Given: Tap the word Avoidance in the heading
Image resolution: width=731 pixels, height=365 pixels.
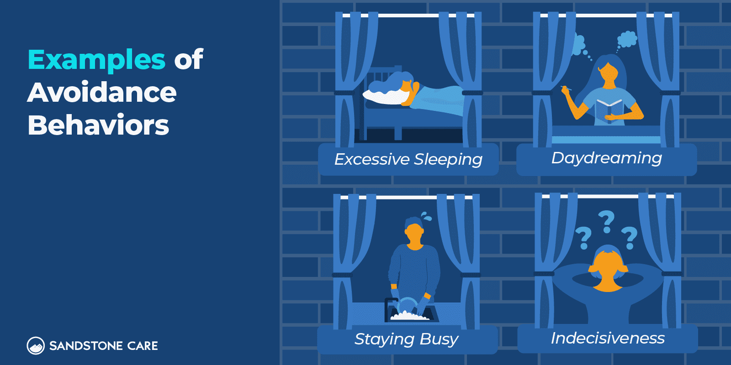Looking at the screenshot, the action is click(x=102, y=93).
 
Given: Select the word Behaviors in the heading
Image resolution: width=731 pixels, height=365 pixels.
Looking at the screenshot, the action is click(x=98, y=125).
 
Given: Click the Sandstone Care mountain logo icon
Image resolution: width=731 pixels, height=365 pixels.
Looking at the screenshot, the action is click(x=36, y=345).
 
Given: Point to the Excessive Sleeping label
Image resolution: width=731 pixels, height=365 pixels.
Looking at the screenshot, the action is click(x=408, y=160).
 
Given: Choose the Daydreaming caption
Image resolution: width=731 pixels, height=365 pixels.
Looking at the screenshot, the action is click(x=607, y=158).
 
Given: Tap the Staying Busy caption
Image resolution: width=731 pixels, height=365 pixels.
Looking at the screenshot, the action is click(x=406, y=339).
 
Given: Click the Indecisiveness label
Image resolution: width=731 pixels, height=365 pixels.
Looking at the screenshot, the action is click(x=608, y=338).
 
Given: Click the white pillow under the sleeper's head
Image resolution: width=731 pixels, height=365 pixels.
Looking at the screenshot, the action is click(x=386, y=97).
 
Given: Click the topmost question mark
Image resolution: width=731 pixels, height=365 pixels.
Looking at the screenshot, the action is click(x=607, y=222).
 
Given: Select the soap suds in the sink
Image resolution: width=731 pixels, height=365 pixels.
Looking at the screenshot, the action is click(x=410, y=315).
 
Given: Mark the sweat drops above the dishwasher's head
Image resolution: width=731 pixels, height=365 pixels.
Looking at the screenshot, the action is click(x=426, y=216).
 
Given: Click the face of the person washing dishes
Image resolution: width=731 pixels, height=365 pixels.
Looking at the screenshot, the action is click(x=414, y=236).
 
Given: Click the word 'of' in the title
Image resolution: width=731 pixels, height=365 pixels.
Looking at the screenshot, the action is click(x=189, y=59).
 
